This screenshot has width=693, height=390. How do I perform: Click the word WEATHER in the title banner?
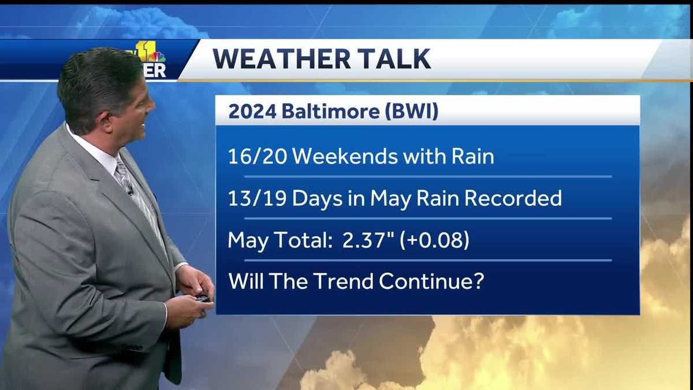(280, 59)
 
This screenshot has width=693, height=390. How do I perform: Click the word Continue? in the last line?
(431, 281)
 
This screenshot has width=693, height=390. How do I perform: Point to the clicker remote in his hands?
(202, 298)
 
